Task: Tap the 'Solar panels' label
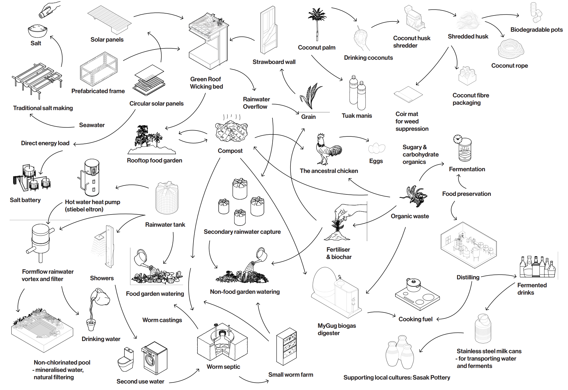click(x=107, y=40)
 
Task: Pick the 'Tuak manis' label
click(x=357, y=116)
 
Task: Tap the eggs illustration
click(x=376, y=148)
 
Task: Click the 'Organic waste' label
click(x=410, y=216)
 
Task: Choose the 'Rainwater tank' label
click(x=165, y=225)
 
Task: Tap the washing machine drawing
click(x=154, y=358)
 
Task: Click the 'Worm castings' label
click(x=162, y=320)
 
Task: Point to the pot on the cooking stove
click(x=413, y=285)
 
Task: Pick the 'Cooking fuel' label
click(x=416, y=319)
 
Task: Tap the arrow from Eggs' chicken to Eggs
click(x=355, y=137)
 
